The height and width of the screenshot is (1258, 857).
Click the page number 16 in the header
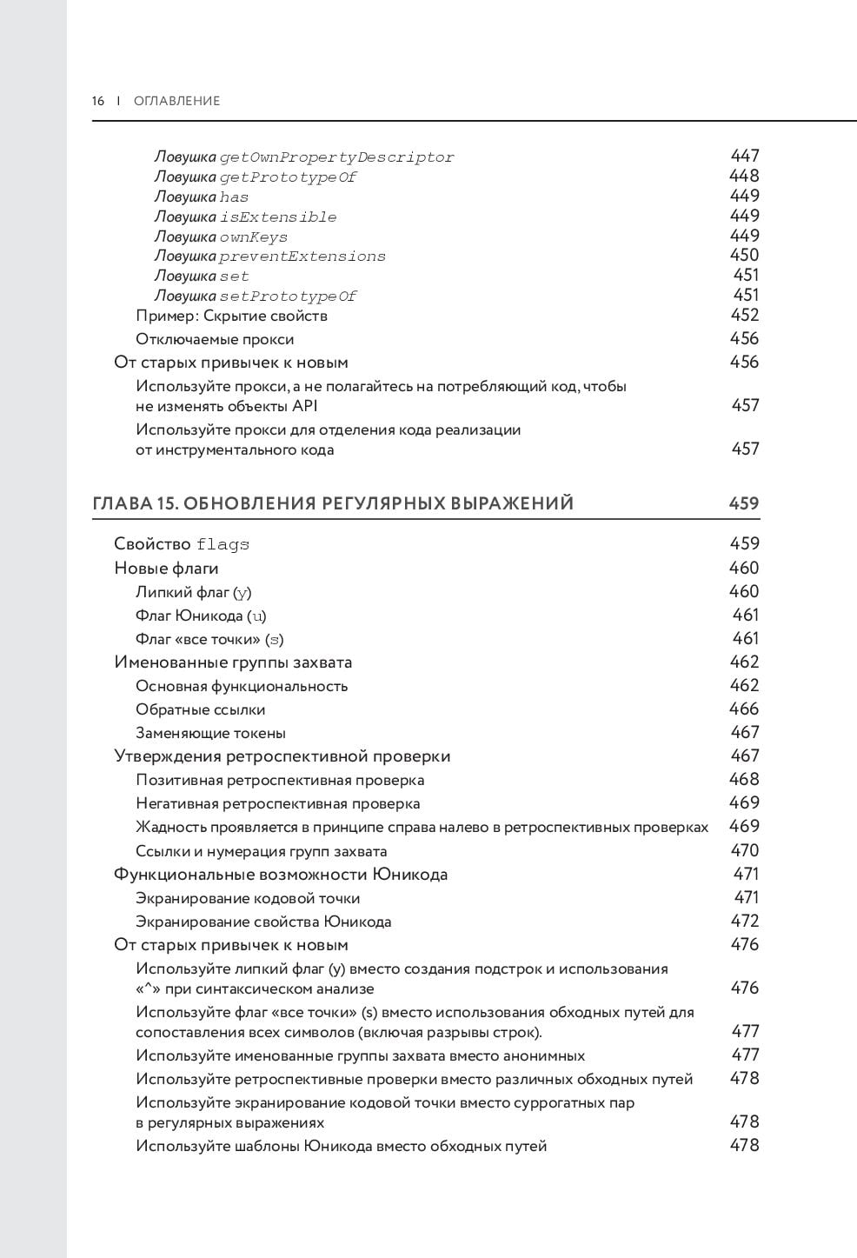[x=98, y=101]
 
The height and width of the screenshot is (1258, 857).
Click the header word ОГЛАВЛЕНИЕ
[x=177, y=101]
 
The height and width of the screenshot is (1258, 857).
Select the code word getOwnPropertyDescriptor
[x=336, y=157]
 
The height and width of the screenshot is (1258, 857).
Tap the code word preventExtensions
[x=302, y=256]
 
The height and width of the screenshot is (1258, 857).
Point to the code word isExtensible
[x=278, y=217]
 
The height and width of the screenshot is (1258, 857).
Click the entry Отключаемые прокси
[x=215, y=339]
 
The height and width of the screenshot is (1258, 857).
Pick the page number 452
[x=745, y=315]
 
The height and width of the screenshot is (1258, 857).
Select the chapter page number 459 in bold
[x=744, y=503]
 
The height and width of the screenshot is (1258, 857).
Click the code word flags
[x=223, y=545]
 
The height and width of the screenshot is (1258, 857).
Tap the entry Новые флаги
[x=166, y=569]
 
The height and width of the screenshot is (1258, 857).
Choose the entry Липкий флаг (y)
[x=193, y=592]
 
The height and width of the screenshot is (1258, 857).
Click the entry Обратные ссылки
[x=200, y=709]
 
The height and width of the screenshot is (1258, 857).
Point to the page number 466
[x=745, y=709]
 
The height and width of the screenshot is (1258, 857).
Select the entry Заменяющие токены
[x=210, y=733]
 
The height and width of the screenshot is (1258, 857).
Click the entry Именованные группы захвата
[x=233, y=662]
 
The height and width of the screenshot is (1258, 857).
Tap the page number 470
[x=745, y=850]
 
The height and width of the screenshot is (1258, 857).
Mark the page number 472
[x=745, y=921]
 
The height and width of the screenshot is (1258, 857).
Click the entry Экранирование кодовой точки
[x=248, y=898]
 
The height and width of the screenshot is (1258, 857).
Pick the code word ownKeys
[x=253, y=237]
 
